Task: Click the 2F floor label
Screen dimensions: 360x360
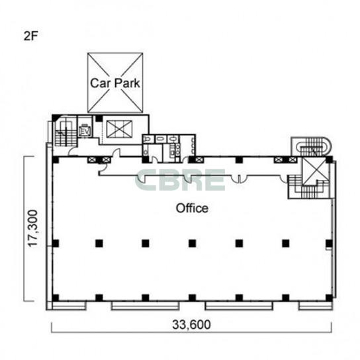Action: [30, 36]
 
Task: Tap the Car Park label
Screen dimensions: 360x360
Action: [115, 83]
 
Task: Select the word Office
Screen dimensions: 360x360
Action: [192, 208]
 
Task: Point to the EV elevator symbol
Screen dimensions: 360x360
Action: [85, 131]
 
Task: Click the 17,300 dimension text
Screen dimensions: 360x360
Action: [32, 228]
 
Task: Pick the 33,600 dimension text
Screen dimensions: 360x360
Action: [191, 325]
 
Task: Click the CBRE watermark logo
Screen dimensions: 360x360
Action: [180, 180]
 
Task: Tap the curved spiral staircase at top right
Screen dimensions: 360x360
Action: [312, 147]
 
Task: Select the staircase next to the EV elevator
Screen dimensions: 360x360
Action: [66, 131]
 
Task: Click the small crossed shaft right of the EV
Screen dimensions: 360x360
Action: [119, 129]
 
